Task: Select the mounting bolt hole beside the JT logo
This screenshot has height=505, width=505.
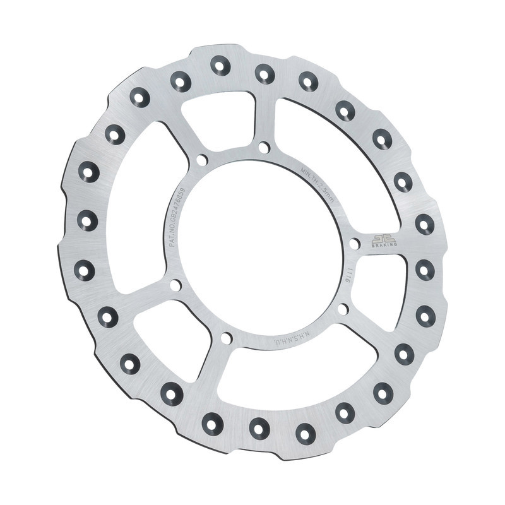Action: pyautogui.click(x=355, y=243)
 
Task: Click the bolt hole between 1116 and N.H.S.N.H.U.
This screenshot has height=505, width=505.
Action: pyautogui.click(x=343, y=309)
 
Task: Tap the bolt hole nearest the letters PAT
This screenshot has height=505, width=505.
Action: pyautogui.click(x=175, y=285)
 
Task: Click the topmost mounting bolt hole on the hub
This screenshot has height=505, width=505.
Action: pyautogui.click(x=264, y=148)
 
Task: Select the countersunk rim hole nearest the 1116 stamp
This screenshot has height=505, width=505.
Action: pyautogui.click(x=425, y=270)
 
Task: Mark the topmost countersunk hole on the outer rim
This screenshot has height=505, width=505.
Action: pyautogui.click(x=220, y=64)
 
